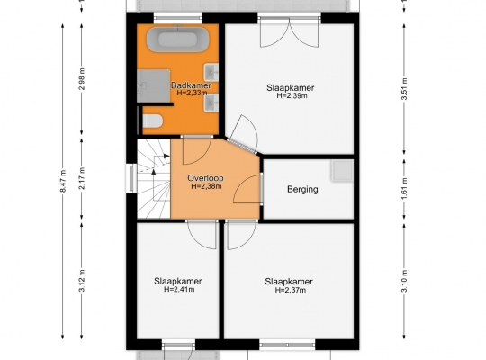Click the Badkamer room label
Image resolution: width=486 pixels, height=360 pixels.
pyautogui.click(x=191, y=85)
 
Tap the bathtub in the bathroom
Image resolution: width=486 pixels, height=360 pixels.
pyautogui.click(x=177, y=40)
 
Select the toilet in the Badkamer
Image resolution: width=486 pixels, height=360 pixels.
pyautogui.click(x=152, y=121)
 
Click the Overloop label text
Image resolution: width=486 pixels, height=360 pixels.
pyautogui.click(x=205, y=178)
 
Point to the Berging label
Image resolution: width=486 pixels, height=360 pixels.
pyautogui.click(x=302, y=189)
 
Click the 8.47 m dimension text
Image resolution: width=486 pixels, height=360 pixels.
pyautogui.click(x=63, y=181)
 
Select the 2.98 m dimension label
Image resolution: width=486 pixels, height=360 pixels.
pyautogui.click(x=82, y=79)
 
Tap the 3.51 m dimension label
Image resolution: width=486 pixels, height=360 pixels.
pyautogui.click(x=404, y=89)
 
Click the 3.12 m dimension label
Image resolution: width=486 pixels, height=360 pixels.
pyautogui.click(x=82, y=281)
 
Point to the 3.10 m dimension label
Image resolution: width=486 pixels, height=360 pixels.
pyautogui.click(x=404, y=281)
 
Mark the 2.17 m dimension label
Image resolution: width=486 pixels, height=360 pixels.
pyautogui.click(x=82, y=178)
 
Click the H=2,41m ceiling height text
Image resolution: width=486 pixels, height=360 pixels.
pyautogui.click(x=179, y=289)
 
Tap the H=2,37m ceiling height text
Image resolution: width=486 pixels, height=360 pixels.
pyautogui.click(x=291, y=290)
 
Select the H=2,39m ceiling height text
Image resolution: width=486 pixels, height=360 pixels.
pyautogui.click(x=292, y=95)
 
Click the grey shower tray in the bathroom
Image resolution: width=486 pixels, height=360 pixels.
pyautogui.click(x=153, y=86)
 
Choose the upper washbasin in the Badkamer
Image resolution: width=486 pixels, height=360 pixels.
pyautogui.click(x=211, y=72)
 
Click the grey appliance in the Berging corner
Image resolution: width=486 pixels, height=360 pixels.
pyautogui.click(x=342, y=171)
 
